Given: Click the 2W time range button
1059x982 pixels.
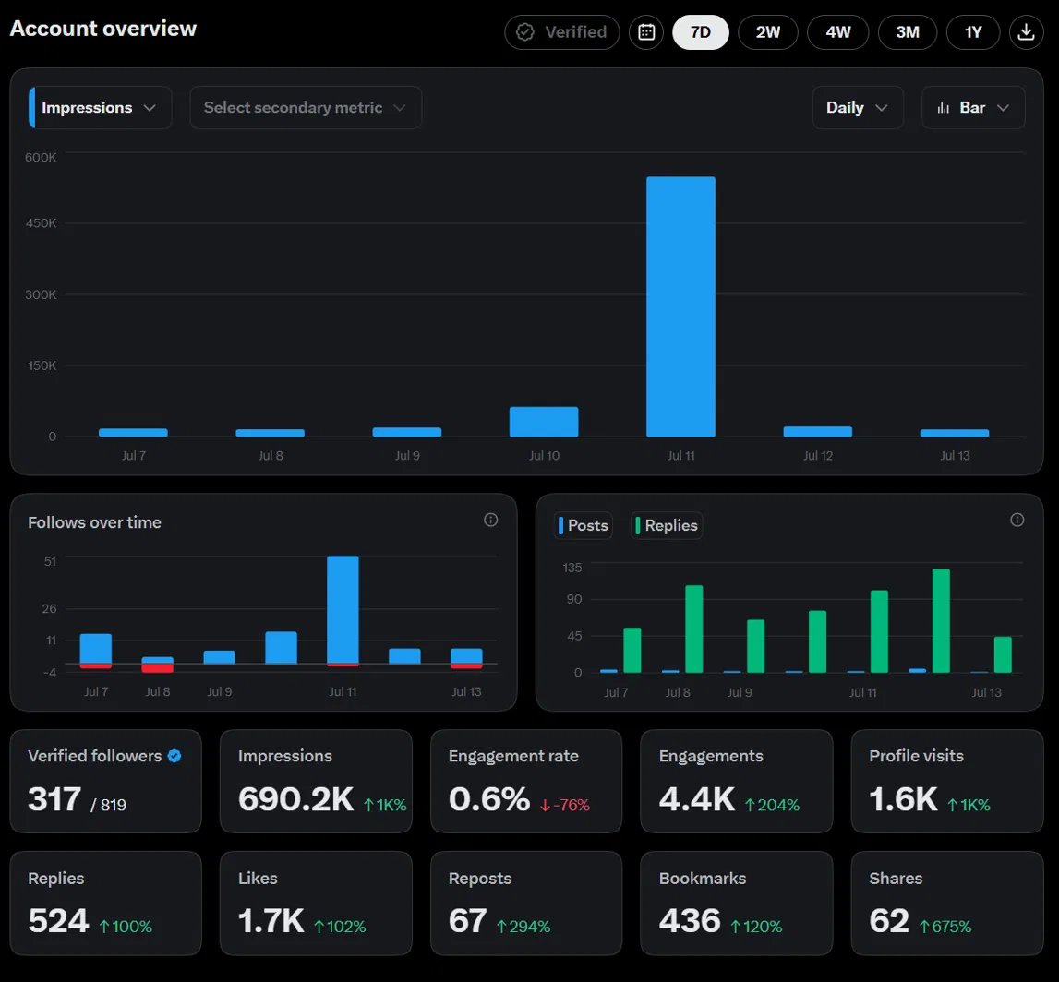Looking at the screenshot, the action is (768, 31).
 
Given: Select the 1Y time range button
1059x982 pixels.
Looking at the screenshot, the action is (972, 31).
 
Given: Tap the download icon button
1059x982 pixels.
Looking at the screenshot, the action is (1026, 31).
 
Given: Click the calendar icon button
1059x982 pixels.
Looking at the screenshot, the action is (646, 31).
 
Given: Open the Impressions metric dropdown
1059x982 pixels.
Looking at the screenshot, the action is (100, 107).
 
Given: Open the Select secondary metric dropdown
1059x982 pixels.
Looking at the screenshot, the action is (306, 107).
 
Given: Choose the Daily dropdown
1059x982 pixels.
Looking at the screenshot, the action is (858, 107).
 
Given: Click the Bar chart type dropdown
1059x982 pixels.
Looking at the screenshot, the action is (973, 107).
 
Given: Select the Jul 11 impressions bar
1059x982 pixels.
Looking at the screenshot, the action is (680, 306).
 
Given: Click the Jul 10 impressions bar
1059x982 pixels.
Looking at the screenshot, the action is (544, 422).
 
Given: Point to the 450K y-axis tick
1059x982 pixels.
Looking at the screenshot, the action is (41, 222).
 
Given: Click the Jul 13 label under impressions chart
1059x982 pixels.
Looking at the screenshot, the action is (955, 456).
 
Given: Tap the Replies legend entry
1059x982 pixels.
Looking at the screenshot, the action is (667, 525).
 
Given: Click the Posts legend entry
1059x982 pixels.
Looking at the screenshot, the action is (584, 525).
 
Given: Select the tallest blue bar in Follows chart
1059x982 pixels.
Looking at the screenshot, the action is (343, 610).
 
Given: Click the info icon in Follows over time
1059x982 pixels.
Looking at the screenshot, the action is (491, 520).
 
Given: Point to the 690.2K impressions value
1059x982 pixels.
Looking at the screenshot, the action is (295, 799).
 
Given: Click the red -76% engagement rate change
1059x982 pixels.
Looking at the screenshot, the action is (565, 805).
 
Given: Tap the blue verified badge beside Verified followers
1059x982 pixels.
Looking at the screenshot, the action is (174, 756).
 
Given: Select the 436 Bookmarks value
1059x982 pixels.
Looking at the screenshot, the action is (690, 920).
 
